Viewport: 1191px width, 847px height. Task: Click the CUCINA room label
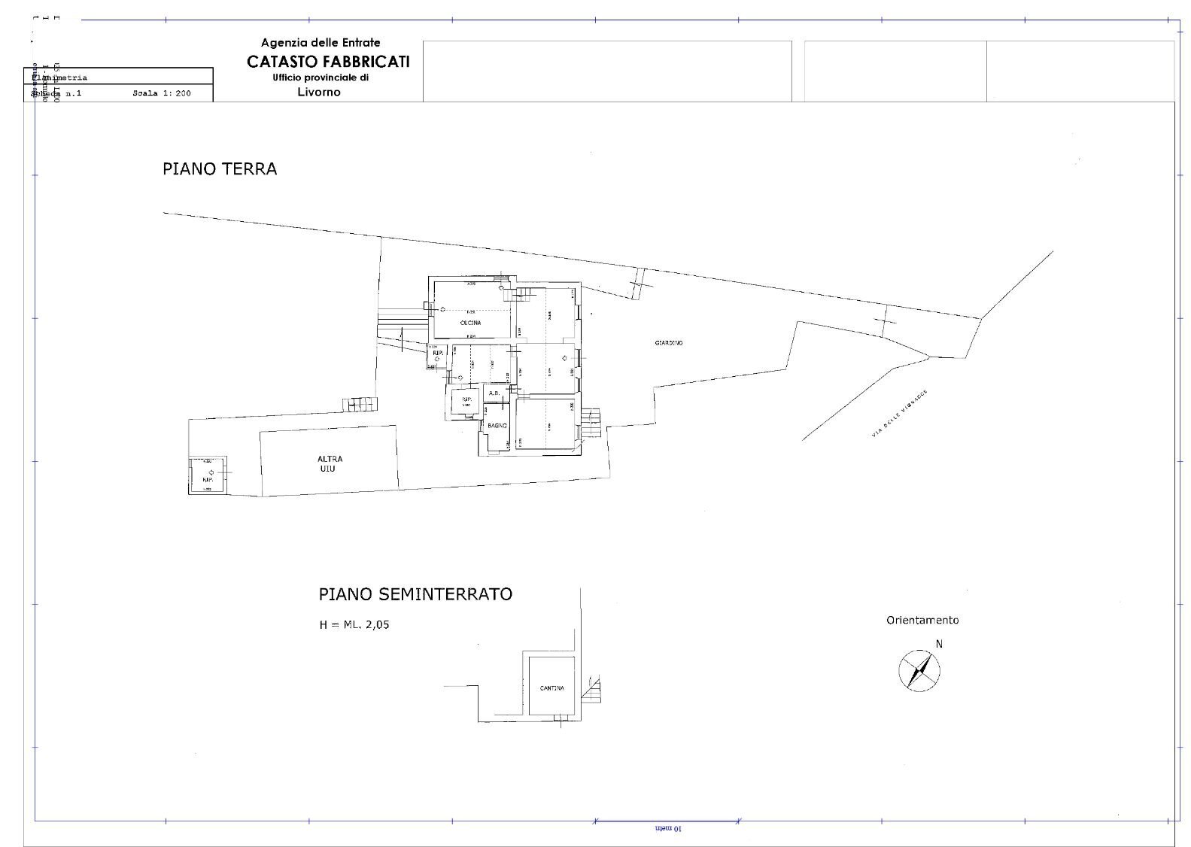pyautogui.click(x=470, y=323)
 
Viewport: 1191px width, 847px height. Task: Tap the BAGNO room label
pyautogui.click(x=497, y=427)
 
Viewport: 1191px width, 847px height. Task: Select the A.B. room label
pyautogui.click(x=494, y=393)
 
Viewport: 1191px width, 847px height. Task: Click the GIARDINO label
pyautogui.click(x=669, y=343)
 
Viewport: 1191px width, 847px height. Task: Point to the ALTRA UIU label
pyautogui.click(x=329, y=463)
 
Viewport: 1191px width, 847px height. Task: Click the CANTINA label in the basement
pyautogui.click(x=551, y=688)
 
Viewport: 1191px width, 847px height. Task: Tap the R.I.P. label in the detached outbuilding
pyautogui.click(x=208, y=479)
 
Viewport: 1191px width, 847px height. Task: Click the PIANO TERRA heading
pyautogui.click(x=220, y=168)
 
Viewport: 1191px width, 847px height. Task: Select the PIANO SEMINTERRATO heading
pyautogui.click(x=415, y=594)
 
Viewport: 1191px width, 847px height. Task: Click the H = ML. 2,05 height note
pyautogui.click(x=354, y=624)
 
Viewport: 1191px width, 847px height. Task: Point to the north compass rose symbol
pyautogui.click(x=920, y=669)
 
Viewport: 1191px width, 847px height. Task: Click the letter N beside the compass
pyautogui.click(x=939, y=644)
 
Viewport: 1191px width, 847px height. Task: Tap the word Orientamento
pyautogui.click(x=922, y=621)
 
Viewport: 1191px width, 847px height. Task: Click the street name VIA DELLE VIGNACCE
pyautogui.click(x=900, y=413)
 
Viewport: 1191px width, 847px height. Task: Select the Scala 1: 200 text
pyautogui.click(x=162, y=94)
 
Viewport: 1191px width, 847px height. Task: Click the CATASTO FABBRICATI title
pyautogui.click(x=328, y=62)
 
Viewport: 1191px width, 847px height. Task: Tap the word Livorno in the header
pyautogui.click(x=319, y=93)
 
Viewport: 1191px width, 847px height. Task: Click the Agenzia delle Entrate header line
pyautogui.click(x=321, y=43)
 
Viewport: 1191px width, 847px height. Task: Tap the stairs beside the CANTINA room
pyautogui.click(x=596, y=687)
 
